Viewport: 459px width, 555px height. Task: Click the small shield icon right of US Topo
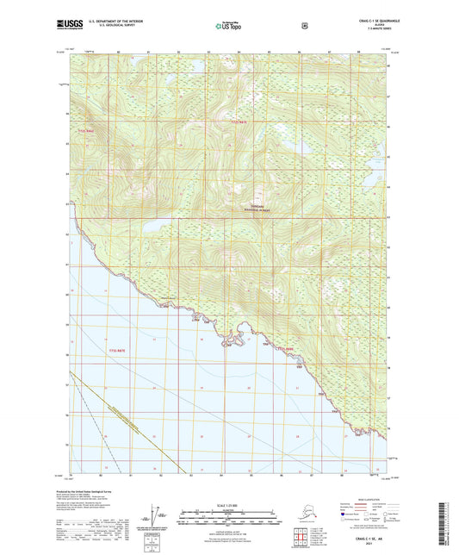pyautogui.click(x=304, y=26)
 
